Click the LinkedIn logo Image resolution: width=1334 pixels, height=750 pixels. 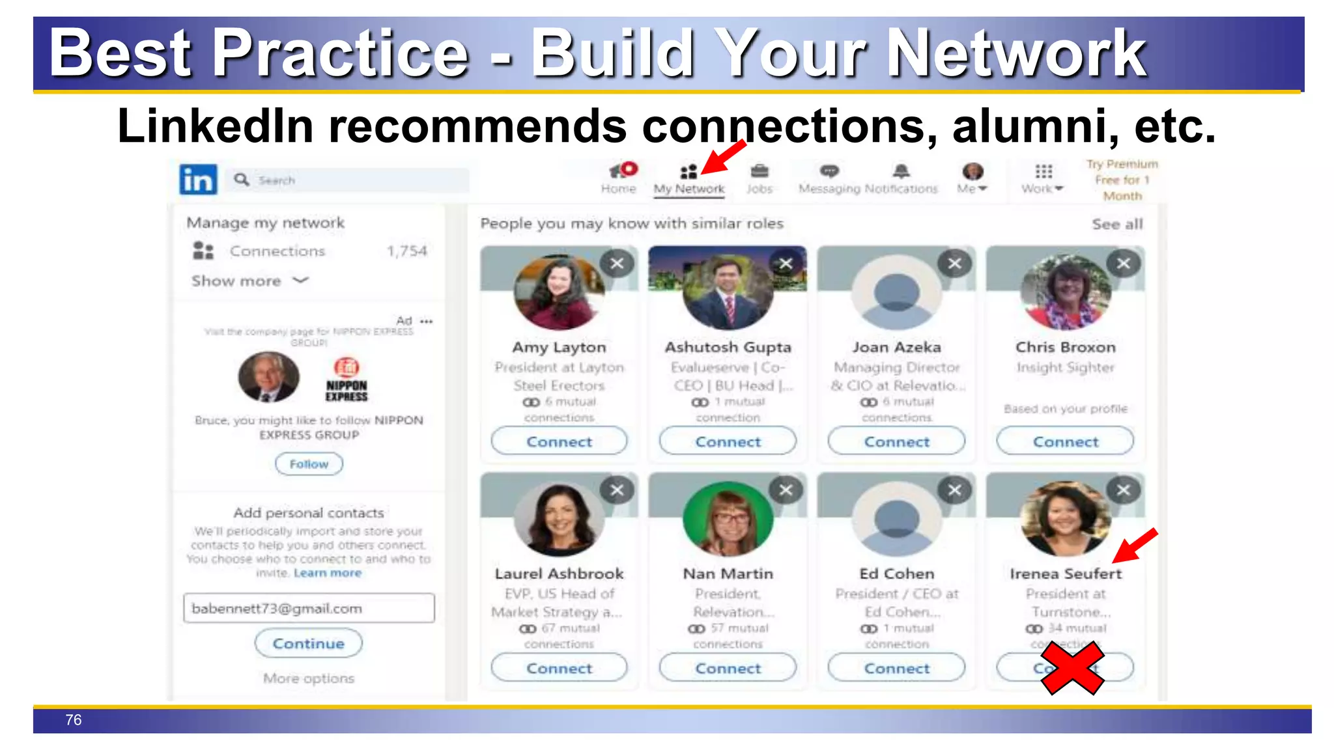(x=198, y=179)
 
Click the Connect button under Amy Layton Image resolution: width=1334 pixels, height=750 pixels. (x=559, y=441)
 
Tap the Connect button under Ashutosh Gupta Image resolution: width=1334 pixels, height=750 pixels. (x=728, y=441)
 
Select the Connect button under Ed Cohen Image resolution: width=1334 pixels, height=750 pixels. (x=896, y=668)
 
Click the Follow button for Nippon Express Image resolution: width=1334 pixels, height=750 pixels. (x=309, y=464)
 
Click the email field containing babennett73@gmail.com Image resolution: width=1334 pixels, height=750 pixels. (x=309, y=608)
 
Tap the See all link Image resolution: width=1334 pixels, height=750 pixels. (x=1117, y=224)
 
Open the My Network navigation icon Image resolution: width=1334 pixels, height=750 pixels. (x=688, y=172)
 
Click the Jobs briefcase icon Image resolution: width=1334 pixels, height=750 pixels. (x=759, y=171)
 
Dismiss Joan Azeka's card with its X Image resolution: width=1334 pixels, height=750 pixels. (x=955, y=264)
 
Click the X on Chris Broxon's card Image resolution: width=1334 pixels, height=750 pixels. (x=1124, y=264)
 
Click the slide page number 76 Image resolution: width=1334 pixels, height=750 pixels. (x=74, y=720)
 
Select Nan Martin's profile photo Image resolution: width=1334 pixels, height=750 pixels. (x=728, y=519)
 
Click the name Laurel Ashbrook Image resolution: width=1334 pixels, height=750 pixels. (x=559, y=574)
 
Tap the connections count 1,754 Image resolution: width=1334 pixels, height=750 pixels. (x=406, y=251)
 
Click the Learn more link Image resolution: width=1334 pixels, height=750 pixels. (x=327, y=573)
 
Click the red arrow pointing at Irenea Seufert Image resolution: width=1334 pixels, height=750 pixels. (x=1135, y=545)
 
